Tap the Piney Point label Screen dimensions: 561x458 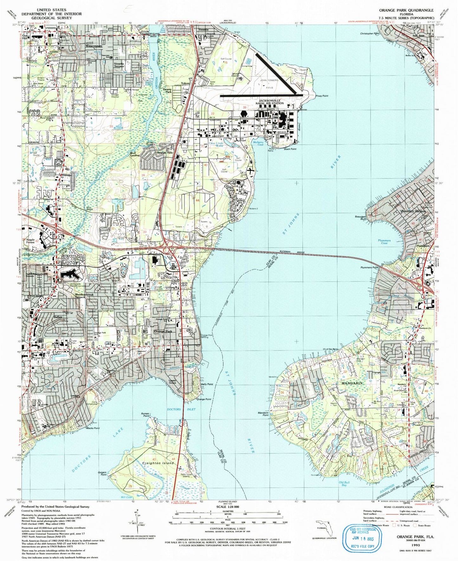[x=322, y=96]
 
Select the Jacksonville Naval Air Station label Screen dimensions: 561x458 [x=270, y=102]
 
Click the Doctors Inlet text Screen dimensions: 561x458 [x=181, y=409]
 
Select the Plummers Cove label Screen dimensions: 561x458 [x=384, y=242]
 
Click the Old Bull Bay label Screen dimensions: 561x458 [x=344, y=484]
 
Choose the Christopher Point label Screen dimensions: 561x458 [x=370, y=33]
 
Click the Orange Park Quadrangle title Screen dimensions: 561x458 [x=406, y=10]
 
